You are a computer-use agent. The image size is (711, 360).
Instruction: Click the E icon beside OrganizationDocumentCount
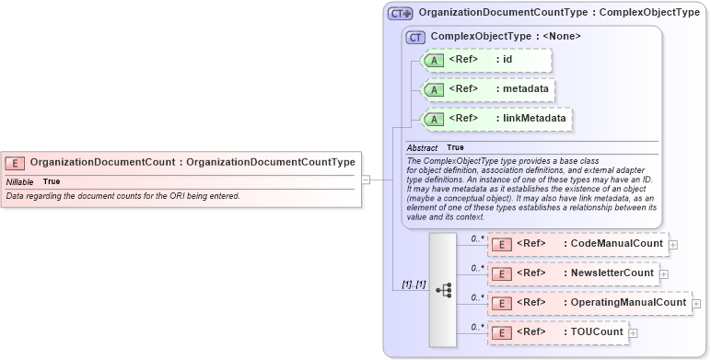point(16,163)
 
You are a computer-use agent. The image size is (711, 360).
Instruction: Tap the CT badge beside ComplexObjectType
point(415,37)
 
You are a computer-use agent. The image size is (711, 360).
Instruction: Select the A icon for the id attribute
point(435,60)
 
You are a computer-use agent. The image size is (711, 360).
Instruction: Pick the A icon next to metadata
point(435,89)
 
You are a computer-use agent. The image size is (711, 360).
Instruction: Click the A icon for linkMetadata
point(435,119)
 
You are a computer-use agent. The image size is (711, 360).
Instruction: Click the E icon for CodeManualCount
point(503,244)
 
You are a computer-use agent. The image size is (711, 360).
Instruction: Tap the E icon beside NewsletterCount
point(503,273)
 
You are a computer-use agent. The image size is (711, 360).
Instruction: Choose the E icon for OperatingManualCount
point(503,303)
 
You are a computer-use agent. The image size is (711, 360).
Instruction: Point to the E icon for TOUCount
point(503,332)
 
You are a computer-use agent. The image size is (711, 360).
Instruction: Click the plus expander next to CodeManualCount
point(673,245)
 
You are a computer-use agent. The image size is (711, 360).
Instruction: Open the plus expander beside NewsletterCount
point(664,274)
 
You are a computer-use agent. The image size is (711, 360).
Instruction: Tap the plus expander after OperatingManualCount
point(696,304)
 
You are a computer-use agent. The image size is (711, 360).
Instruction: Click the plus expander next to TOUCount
point(633,333)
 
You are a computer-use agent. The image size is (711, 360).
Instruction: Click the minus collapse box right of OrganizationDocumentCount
point(366,180)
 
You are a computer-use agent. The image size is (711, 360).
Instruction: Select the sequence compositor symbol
point(443,288)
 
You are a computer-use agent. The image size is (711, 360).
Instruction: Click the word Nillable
point(19,181)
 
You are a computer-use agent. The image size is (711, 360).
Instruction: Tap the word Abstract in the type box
point(422,147)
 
